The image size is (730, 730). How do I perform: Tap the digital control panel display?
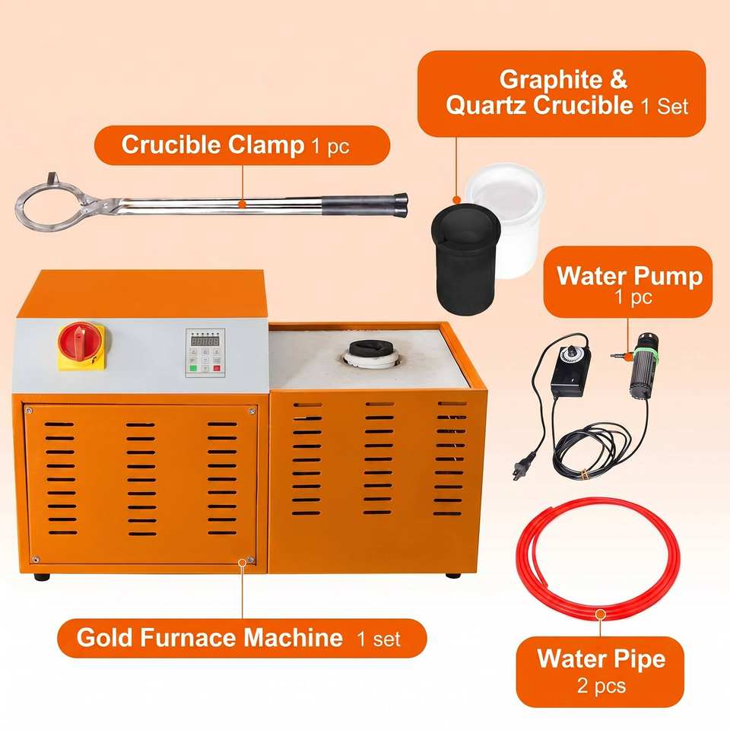tap(205, 341)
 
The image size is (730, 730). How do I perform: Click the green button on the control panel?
tap(193, 368)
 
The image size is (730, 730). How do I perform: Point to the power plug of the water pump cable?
tap(517, 471)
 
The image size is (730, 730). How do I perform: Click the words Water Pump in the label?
tap(630, 276)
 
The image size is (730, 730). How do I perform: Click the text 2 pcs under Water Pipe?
tap(601, 686)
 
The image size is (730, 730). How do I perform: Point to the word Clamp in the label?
tap(266, 145)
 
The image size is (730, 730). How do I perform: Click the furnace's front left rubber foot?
tap(42, 577)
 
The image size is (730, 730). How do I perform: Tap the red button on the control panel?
tap(217, 368)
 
